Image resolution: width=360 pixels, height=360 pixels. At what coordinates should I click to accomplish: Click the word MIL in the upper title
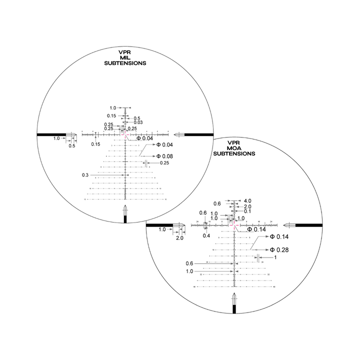click(124, 57)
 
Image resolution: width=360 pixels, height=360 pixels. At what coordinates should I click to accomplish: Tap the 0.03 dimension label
click(138, 122)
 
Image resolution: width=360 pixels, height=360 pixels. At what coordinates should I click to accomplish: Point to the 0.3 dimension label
click(85, 175)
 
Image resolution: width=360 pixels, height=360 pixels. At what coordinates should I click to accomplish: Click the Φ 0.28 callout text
click(278, 249)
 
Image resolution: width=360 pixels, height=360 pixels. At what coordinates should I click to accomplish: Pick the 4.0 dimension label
click(247, 201)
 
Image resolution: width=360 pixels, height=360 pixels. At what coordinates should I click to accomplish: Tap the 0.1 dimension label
click(247, 211)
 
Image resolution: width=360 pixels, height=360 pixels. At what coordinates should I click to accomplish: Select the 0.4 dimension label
click(206, 235)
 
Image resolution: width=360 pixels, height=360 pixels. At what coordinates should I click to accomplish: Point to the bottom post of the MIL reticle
click(124, 216)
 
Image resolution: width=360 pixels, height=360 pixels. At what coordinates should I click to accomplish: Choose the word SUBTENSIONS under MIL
click(124, 64)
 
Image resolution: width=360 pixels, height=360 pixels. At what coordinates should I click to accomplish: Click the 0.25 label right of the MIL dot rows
click(164, 163)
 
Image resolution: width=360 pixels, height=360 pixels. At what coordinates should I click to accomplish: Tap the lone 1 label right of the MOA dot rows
click(275, 257)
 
